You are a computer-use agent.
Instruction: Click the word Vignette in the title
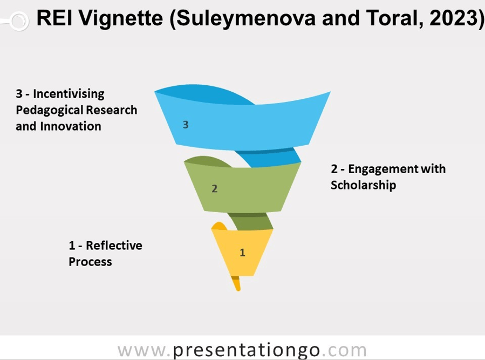point(121,18)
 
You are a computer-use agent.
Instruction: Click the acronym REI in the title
point(54,18)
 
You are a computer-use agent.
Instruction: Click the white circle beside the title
point(19,21)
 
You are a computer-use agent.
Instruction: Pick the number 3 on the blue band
point(186,125)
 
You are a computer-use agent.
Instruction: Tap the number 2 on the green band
point(214,188)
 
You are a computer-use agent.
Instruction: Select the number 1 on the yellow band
point(243,253)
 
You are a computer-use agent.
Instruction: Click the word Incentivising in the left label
point(69,94)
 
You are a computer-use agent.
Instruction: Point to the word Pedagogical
point(49,110)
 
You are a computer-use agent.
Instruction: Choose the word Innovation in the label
point(71,126)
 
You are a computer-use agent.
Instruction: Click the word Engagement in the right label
point(381,169)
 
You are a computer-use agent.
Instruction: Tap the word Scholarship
point(364,185)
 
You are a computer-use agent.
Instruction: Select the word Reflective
point(114,246)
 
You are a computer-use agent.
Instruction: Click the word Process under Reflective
point(90,262)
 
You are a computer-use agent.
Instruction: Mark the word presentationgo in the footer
point(246,351)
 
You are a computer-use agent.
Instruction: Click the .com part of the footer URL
point(344,350)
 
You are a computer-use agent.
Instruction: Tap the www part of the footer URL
point(142,351)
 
